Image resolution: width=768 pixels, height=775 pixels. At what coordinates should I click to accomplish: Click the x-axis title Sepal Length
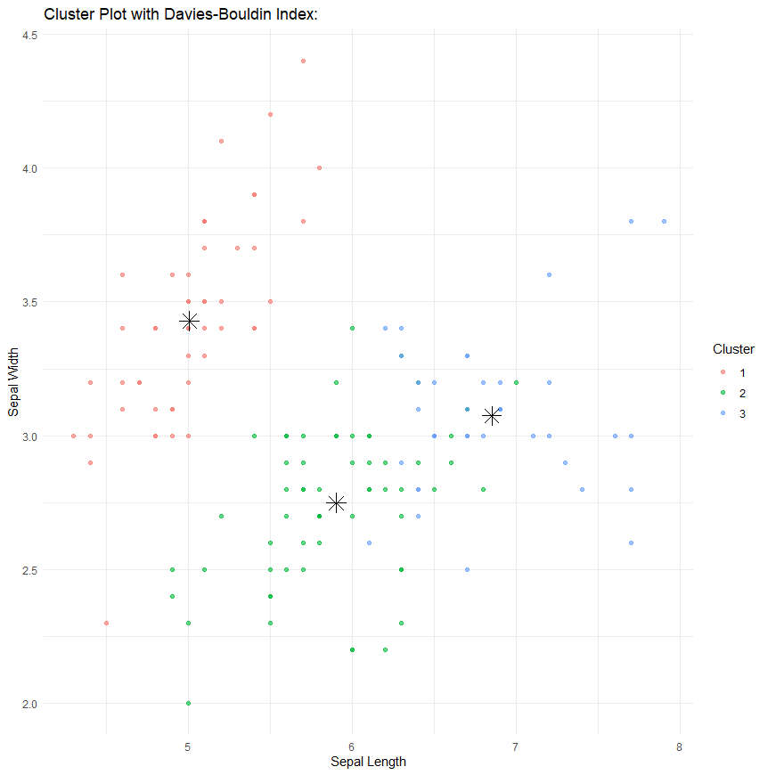pos(368,762)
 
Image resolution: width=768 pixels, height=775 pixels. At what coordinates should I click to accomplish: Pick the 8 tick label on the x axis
pos(680,746)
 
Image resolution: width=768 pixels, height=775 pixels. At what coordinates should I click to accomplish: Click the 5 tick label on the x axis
pos(188,746)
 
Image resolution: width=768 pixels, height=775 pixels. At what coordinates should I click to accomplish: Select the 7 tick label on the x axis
pos(516,746)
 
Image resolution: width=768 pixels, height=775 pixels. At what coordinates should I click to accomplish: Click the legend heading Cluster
pos(733,348)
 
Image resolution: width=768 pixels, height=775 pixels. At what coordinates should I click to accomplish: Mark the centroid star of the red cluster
pos(189,322)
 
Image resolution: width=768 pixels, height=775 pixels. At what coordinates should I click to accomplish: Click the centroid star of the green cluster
pos(336,503)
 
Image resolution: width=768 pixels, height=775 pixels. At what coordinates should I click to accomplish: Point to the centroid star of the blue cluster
pos(492,416)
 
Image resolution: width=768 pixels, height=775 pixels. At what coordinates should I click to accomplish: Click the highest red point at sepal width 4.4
pos(303,61)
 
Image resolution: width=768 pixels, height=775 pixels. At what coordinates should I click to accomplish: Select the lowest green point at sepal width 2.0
pos(188,703)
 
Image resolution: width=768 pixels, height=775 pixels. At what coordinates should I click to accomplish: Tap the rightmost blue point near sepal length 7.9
pos(664,221)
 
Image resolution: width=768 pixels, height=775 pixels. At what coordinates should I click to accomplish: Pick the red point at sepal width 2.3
pos(106,623)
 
